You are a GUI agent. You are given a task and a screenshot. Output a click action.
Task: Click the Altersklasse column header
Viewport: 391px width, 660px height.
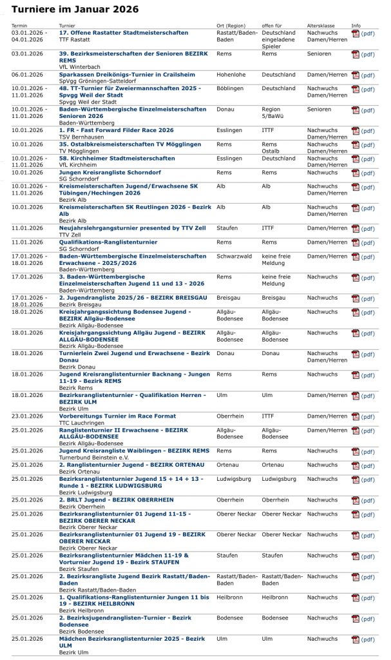[321, 26]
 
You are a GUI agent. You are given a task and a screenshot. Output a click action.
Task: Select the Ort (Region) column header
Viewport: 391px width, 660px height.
[233, 26]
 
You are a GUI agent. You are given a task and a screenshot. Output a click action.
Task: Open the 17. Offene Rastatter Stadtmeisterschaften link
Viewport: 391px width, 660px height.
[124, 33]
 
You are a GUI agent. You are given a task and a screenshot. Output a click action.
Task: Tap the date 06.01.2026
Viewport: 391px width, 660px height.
[27, 75]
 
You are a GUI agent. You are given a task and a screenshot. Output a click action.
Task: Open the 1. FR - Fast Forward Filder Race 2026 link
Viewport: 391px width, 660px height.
[116, 130]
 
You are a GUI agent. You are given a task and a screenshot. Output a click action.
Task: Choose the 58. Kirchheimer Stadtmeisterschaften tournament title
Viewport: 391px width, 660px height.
[117, 158]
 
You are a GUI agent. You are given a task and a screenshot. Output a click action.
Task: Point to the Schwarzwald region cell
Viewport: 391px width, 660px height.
[235, 256]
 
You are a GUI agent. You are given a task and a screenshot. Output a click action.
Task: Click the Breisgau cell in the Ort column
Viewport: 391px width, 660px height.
[230, 298]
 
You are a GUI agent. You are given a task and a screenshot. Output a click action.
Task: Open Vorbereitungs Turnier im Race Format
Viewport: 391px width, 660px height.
[118, 416]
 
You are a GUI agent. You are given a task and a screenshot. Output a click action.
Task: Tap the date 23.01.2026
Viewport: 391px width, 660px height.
[27, 416]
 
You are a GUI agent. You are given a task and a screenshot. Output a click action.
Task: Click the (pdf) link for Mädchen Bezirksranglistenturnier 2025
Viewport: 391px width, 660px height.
[367, 639]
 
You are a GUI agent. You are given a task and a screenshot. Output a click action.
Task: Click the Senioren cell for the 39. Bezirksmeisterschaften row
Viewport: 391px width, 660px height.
[319, 54]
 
